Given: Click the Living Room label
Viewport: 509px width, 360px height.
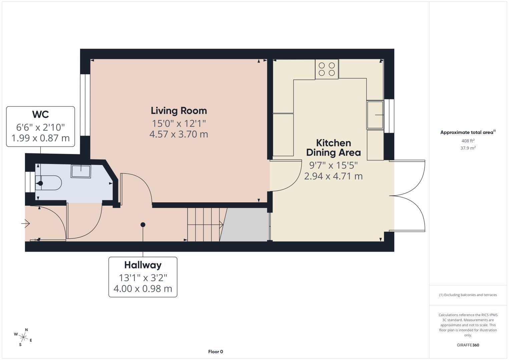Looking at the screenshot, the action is pyautogui.click(x=179, y=111).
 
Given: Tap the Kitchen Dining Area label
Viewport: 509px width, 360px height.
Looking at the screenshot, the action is pyautogui.click(x=333, y=148).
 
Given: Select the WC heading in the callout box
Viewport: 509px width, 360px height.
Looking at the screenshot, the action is pyautogui.click(x=40, y=114).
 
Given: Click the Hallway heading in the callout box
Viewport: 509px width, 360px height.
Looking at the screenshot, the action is pyautogui.click(x=143, y=265).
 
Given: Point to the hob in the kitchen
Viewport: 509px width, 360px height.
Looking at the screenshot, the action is pyautogui.click(x=327, y=69).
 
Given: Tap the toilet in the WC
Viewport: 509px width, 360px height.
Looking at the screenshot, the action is pyautogui.click(x=48, y=183).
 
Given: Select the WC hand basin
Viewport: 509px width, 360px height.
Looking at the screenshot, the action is pyautogui.click(x=81, y=171).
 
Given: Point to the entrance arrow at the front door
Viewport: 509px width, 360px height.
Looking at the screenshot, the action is pyautogui.click(x=25, y=223).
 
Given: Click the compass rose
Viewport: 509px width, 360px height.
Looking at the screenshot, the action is pyautogui.click(x=23, y=337).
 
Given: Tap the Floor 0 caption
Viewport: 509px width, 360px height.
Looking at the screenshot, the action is pyautogui.click(x=215, y=352).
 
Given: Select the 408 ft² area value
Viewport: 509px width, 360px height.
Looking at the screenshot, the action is pyautogui.click(x=468, y=141).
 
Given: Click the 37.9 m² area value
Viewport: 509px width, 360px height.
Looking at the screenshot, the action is pyautogui.click(x=468, y=148).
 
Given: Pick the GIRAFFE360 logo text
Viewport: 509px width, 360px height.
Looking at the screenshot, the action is pyautogui.click(x=468, y=345).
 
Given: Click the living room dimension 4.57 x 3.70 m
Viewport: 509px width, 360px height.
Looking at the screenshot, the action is pyautogui.click(x=178, y=134).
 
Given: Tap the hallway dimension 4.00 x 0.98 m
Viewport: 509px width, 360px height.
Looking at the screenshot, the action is pyautogui.click(x=143, y=289).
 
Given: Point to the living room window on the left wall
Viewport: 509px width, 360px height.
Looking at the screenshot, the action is pyautogui.click(x=85, y=105).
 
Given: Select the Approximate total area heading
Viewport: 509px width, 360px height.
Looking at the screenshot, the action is pyautogui.click(x=468, y=132).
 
